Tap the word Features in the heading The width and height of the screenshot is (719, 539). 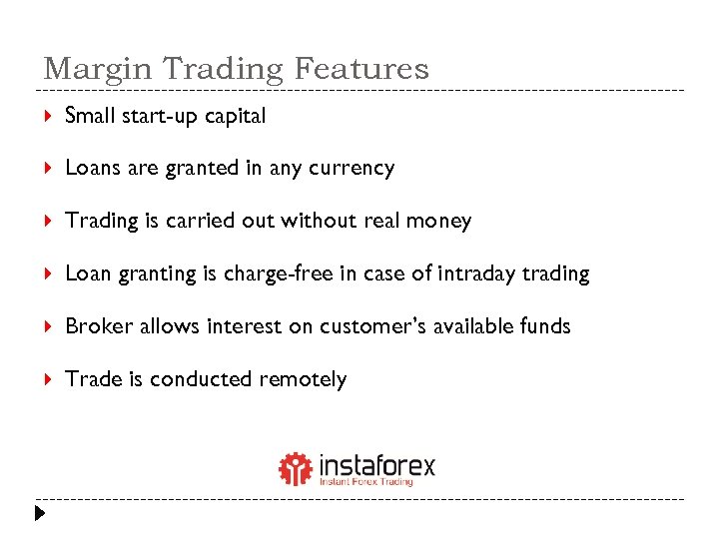pyautogui.click(x=360, y=69)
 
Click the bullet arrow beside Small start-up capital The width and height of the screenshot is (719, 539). pyautogui.click(x=48, y=117)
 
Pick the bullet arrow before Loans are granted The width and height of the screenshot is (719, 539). pyautogui.click(x=48, y=169)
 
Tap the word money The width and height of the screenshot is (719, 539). pyautogui.click(x=438, y=221)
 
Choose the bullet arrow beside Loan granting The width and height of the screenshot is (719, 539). pyautogui.click(x=48, y=273)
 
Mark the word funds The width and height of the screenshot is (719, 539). pyautogui.click(x=545, y=326)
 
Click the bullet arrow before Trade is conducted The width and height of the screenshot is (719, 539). pyautogui.click(x=48, y=379)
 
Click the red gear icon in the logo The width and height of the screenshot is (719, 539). pyautogui.click(x=296, y=468)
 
